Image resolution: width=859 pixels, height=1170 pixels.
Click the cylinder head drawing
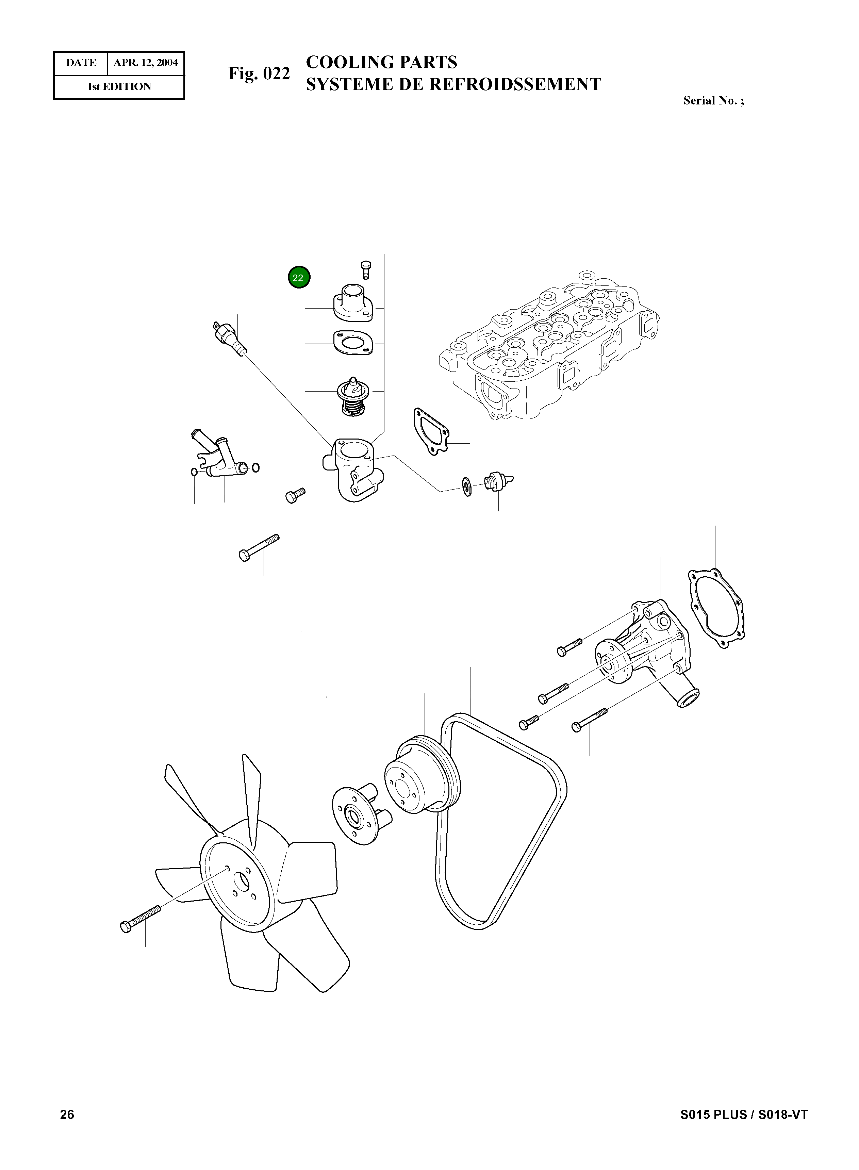click(551, 348)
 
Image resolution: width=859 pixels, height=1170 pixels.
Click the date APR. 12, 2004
click(146, 63)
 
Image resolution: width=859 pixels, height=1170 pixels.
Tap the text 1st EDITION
click(119, 87)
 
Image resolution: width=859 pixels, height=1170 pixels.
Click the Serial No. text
click(713, 101)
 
